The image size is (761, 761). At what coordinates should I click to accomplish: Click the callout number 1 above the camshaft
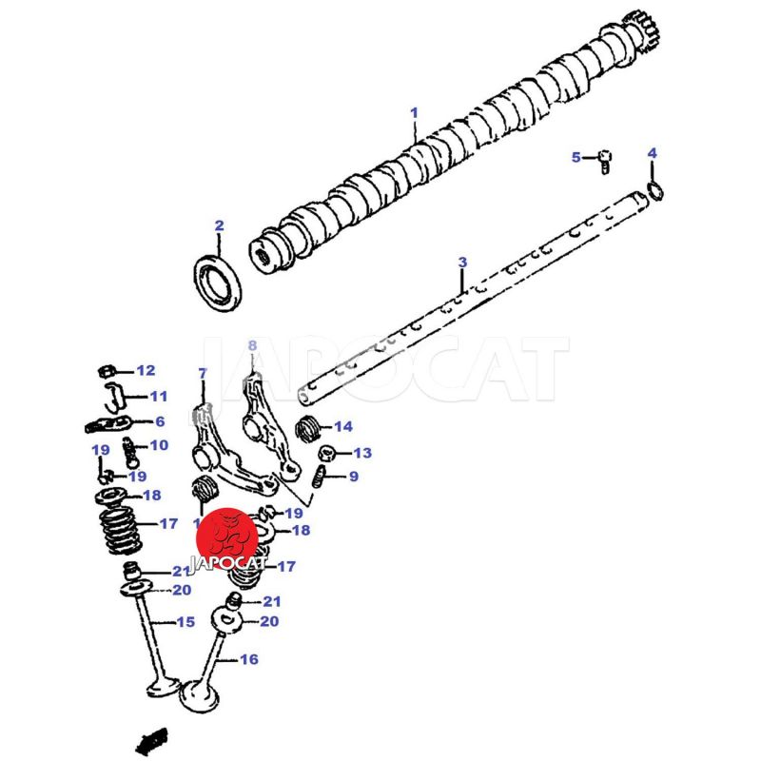coord(414,112)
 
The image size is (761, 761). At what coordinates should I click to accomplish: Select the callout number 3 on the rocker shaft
coord(462,262)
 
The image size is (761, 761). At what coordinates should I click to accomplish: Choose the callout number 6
coord(160,421)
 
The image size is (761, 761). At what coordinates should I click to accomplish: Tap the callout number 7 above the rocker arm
coord(202,372)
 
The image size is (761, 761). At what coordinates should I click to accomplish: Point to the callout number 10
coord(158,445)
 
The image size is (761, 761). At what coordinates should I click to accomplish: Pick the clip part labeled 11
coord(113,393)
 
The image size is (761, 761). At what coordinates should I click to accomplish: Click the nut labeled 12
coord(109,370)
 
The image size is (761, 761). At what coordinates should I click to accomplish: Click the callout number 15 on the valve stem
coord(185,622)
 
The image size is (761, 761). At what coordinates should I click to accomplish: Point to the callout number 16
coord(248,658)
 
